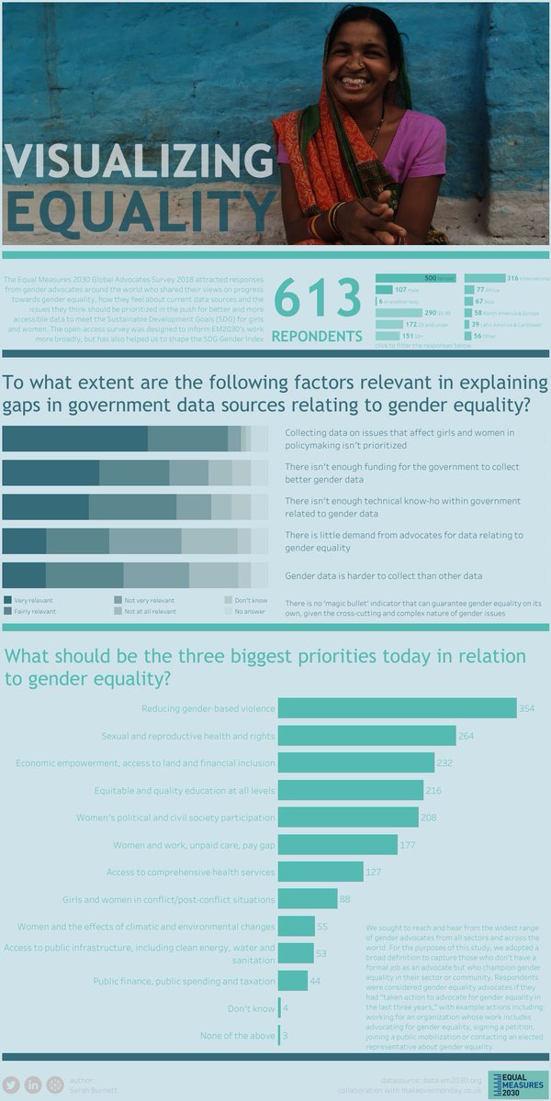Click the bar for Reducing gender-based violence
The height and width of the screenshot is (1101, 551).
click(397, 708)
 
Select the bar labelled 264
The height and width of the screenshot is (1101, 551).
click(366, 736)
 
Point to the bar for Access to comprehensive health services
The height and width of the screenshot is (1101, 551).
click(320, 872)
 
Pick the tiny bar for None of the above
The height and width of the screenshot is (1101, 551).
click(279, 1036)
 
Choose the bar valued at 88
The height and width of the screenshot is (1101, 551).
click(307, 899)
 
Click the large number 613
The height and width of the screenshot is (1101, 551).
click(318, 299)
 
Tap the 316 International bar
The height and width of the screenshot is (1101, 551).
click(485, 278)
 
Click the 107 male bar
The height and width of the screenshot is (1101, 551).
click(385, 289)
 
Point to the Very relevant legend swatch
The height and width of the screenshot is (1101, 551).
click(8, 600)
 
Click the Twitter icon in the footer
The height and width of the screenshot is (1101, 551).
click(11, 1084)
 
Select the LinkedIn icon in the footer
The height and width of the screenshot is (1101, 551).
click(33, 1084)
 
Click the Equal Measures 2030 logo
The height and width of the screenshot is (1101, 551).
click(518, 1084)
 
